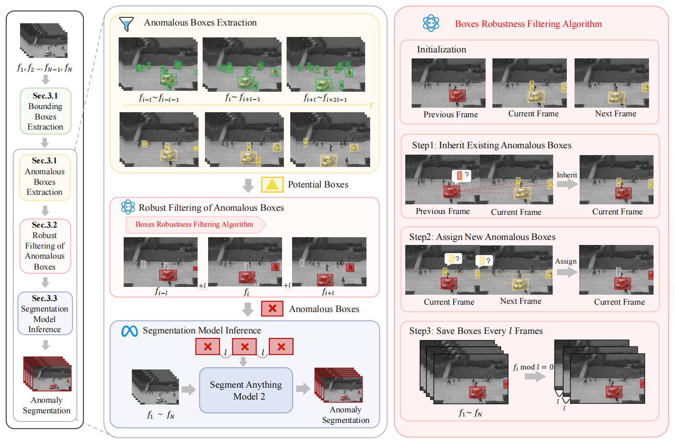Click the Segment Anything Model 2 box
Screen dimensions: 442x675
pos(246,390)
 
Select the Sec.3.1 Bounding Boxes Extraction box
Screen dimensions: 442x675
pos(45,111)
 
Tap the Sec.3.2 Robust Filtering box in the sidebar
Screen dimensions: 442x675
pos(45,246)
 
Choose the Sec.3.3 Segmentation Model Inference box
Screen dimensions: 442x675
pos(45,313)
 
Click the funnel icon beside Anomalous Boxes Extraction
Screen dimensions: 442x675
pos(126,24)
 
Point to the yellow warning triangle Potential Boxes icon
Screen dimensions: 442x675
pos(272,184)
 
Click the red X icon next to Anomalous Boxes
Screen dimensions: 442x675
pos(272,309)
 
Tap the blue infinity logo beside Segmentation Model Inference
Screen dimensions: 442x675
pos(130,331)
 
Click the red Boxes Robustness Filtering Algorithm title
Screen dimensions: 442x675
pos(528,24)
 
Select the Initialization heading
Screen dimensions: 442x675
pos(441,50)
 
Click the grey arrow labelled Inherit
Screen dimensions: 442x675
pos(567,184)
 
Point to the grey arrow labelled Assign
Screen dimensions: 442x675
pos(566,272)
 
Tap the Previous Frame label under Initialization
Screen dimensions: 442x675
pos(450,114)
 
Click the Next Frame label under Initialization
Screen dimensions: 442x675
pos(615,114)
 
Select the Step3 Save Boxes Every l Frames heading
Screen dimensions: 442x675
pos(476,331)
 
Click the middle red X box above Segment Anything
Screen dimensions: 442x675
pos(245,347)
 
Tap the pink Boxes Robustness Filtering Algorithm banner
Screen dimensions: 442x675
pos(195,224)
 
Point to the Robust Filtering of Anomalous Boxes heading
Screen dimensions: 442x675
pos(211,208)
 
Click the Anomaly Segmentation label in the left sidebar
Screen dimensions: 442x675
pos(47,405)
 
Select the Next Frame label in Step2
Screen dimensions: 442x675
pos(520,301)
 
